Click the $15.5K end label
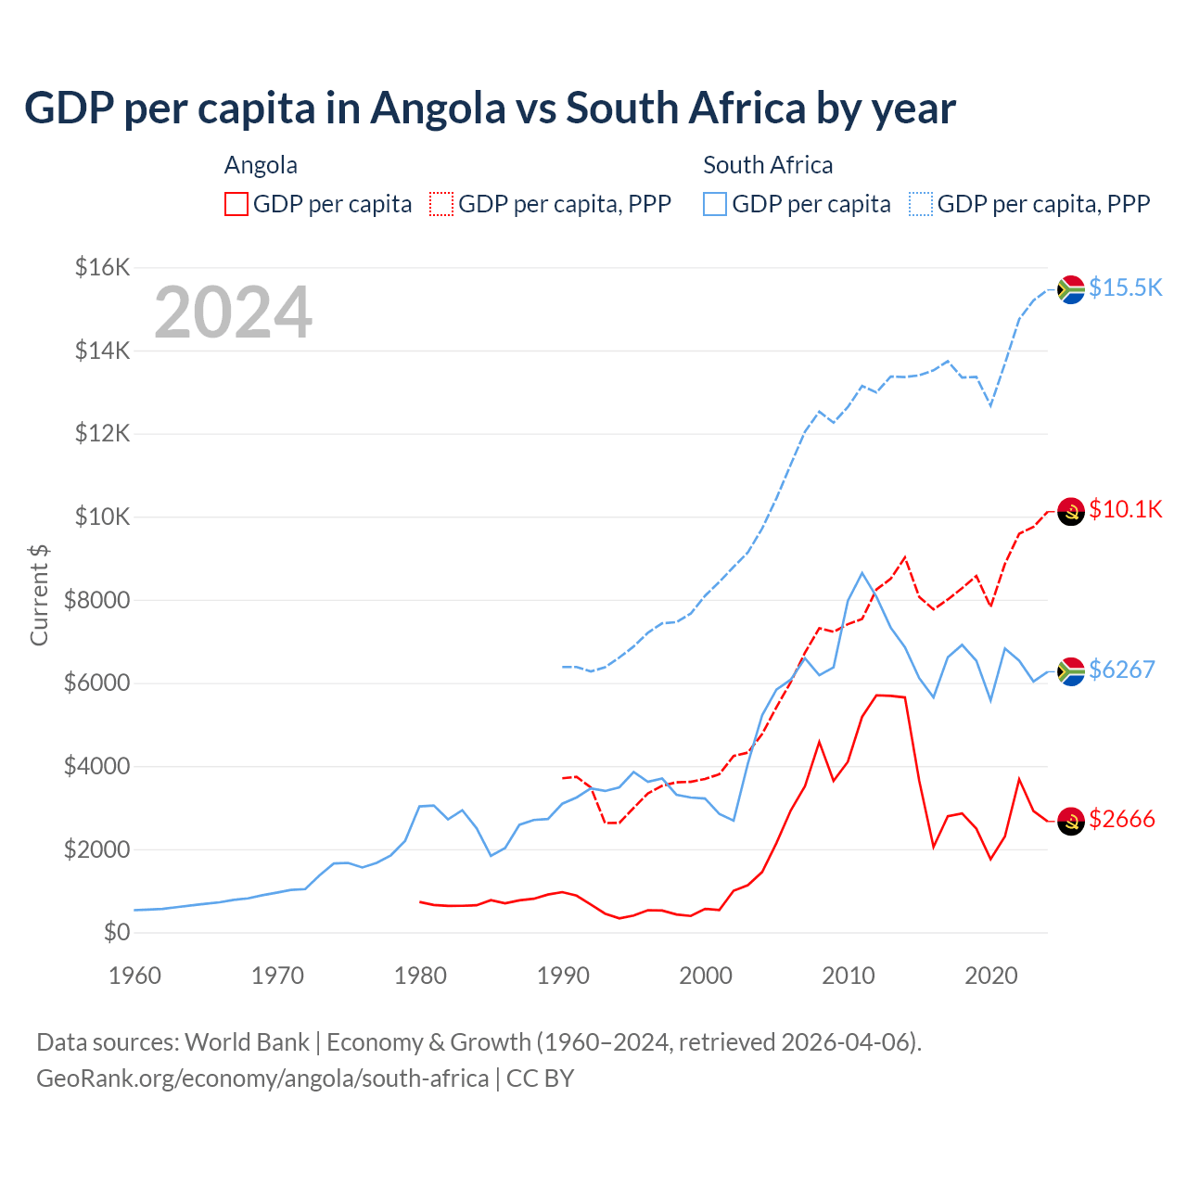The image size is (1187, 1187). pos(1125,287)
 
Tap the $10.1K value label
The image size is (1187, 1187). pos(1125,509)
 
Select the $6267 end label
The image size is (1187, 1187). pos(1121,670)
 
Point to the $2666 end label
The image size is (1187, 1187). pos(1121,819)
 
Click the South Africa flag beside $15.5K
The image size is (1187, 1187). pos(1071,289)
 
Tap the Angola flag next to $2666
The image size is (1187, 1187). pos(1071,821)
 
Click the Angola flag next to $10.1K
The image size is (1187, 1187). pos(1071,511)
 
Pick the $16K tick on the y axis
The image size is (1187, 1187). pos(102,268)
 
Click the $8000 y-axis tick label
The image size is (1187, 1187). pos(96,600)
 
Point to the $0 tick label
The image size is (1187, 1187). pos(116,932)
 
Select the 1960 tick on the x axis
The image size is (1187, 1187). pos(134,976)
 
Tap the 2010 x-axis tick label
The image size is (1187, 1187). pos(848,976)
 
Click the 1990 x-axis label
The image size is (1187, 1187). pos(563,976)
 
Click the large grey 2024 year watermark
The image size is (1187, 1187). pos(233,313)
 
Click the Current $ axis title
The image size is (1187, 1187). pos(39,595)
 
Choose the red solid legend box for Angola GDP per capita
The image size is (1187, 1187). pos(236,204)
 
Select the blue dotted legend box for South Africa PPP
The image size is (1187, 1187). pos(921,204)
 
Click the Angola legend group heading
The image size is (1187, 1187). pos(261,165)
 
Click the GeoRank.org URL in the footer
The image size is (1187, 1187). pos(262,1079)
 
